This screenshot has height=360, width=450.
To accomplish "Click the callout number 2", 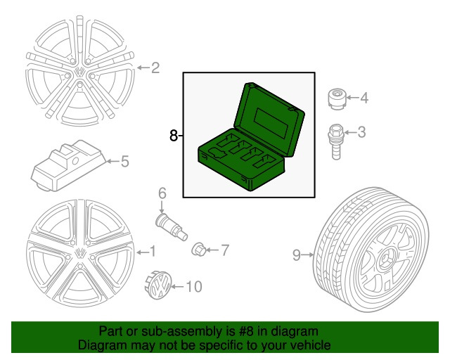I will pyautogui.click(x=155, y=68).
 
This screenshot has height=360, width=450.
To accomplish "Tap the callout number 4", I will pyautogui.click(x=364, y=98).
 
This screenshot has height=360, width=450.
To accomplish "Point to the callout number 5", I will pyautogui.click(x=124, y=162).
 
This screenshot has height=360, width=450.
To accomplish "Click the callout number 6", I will pyautogui.click(x=161, y=193).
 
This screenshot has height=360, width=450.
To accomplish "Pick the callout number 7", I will pyautogui.click(x=225, y=249).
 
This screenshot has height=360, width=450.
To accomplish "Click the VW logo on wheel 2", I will pyautogui.click(x=81, y=72).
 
